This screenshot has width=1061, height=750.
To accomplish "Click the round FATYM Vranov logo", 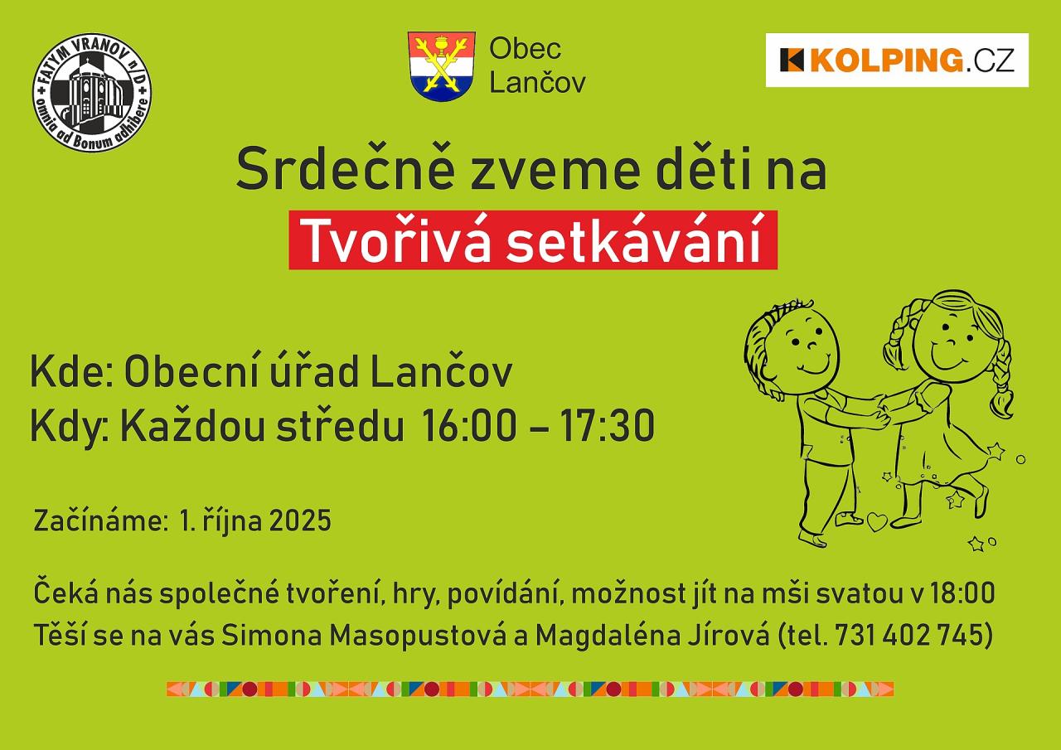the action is (x=92, y=92).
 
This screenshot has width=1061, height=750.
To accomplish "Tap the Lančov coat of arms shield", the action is (x=442, y=66).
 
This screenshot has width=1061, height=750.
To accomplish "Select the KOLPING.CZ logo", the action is (x=897, y=60).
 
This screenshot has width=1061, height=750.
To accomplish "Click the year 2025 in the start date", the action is (x=300, y=520).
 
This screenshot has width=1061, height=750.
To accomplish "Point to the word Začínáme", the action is (x=99, y=520).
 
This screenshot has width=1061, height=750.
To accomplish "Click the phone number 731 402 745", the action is (x=911, y=635).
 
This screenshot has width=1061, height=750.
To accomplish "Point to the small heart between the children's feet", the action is (x=877, y=522).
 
